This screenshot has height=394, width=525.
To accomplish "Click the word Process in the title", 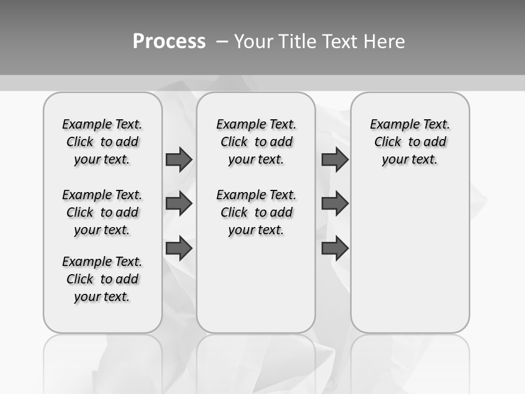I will pyautogui.click(x=169, y=41).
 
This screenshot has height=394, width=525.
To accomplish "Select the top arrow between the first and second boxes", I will pyautogui.click(x=179, y=159).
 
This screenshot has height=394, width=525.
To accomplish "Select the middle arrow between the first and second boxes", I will pyautogui.click(x=179, y=204).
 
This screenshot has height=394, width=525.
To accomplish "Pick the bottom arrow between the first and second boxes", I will pyautogui.click(x=179, y=248).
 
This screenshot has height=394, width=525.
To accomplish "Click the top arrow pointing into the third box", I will pyautogui.click(x=335, y=159).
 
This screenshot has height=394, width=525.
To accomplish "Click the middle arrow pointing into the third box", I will pyautogui.click(x=335, y=204).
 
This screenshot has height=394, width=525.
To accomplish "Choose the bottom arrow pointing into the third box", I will pyautogui.click(x=335, y=248).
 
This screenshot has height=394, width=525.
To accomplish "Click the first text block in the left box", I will pyautogui.click(x=102, y=142).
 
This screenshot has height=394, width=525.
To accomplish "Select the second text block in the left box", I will pyautogui.click(x=102, y=212).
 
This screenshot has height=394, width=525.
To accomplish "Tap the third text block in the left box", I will pyautogui.click(x=102, y=279).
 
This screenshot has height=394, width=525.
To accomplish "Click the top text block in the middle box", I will pyautogui.click(x=256, y=142).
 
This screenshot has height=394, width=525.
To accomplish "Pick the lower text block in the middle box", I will pyautogui.click(x=256, y=212).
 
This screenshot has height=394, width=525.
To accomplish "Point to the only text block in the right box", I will pyautogui.click(x=410, y=142).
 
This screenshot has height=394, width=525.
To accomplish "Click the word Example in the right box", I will pyautogui.click(x=390, y=125).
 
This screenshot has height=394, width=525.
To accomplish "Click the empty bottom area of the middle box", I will pyautogui.click(x=256, y=290).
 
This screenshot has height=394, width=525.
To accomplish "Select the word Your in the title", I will pyautogui.click(x=254, y=42).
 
